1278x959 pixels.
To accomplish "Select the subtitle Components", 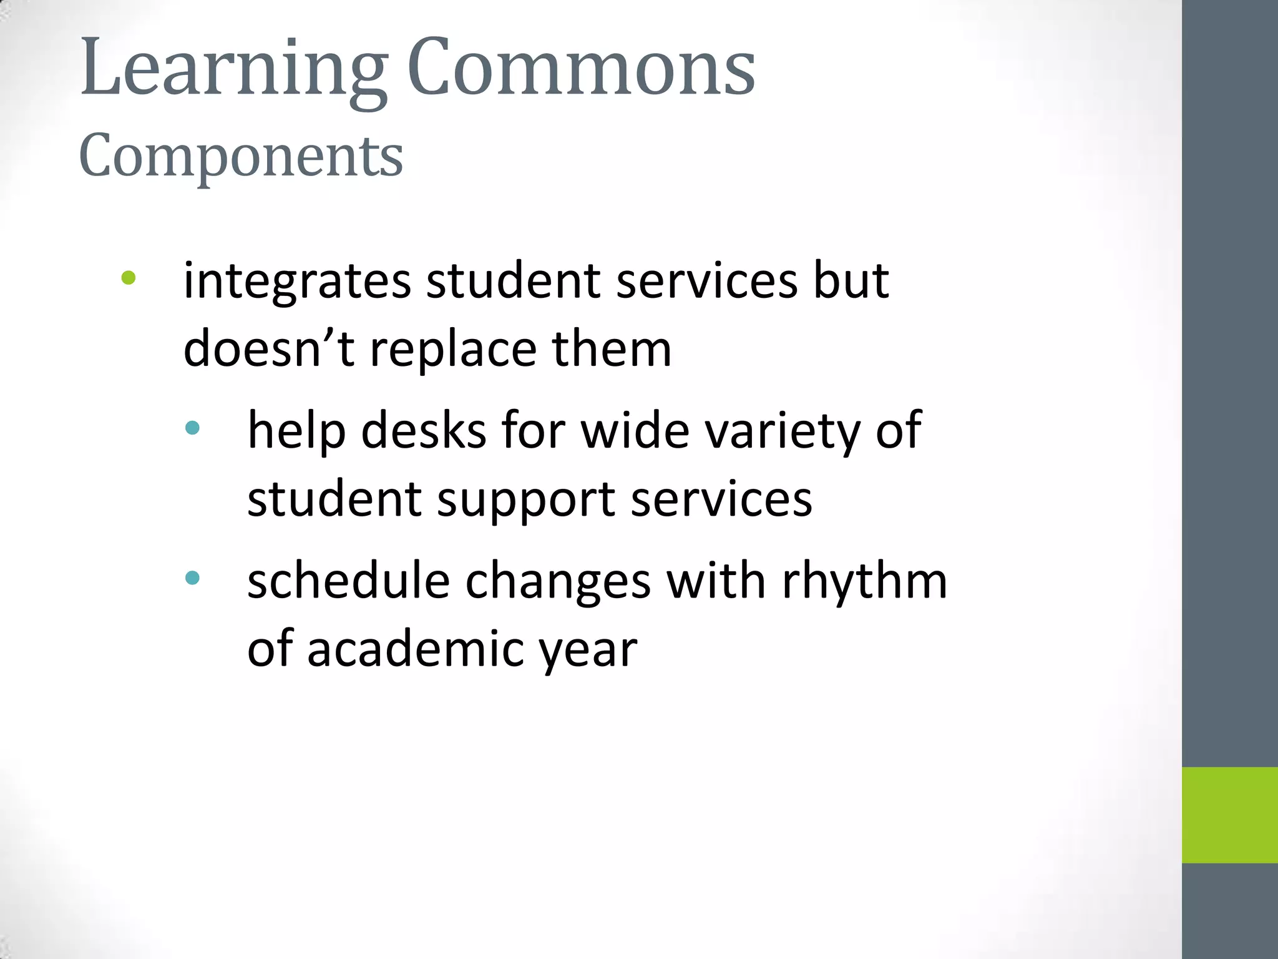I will (x=241, y=155).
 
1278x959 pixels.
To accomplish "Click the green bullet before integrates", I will (x=129, y=278).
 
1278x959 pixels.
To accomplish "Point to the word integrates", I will (x=297, y=281).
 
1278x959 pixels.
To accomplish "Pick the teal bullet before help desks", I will (x=192, y=428).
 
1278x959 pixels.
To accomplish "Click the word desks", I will (x=424, y=430).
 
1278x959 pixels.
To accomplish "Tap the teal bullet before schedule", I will (x=192, y=578).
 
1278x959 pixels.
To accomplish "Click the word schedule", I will (x=349, y=581).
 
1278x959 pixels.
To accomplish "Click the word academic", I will (x=416, y=649).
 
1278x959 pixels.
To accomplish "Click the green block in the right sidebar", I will (x=1229, y=815).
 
